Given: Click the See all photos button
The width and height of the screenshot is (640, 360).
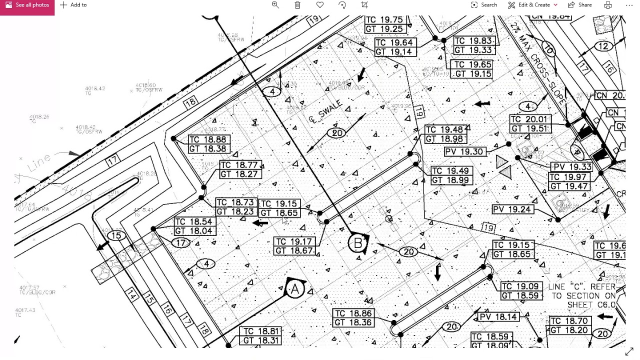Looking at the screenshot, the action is tap(27, 5).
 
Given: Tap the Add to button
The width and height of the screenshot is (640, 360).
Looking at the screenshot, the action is tap(73, 5).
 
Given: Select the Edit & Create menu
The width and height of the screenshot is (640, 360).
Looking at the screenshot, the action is tap(533, 5).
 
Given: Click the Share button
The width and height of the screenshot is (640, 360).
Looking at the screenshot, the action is tap(580, 5).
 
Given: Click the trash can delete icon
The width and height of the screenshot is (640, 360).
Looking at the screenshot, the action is tap(297, 5).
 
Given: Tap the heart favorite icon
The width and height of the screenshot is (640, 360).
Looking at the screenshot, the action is tap(320, 5).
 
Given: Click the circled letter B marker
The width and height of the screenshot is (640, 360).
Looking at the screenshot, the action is tap(357, 243).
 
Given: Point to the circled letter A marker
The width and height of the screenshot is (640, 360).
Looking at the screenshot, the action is tap(295, 289).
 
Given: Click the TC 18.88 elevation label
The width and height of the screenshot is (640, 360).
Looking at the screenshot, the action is tap(209, 139).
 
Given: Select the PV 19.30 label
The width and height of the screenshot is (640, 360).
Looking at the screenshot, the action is tap(465, 151).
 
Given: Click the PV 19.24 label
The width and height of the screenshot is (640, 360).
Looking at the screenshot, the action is tap(512, 209).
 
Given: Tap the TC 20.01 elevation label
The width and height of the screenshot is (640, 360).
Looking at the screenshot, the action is tap(530, 119).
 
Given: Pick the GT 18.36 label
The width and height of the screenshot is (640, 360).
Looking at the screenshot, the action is tap(353, 322).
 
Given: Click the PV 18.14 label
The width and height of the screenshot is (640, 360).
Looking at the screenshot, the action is tap(498, 317).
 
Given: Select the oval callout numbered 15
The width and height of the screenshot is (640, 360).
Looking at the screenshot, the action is tap(116, 236).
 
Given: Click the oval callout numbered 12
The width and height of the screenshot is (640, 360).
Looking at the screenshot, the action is tap(604, 46).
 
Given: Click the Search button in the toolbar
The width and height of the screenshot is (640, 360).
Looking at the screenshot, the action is tap(483, 5).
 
